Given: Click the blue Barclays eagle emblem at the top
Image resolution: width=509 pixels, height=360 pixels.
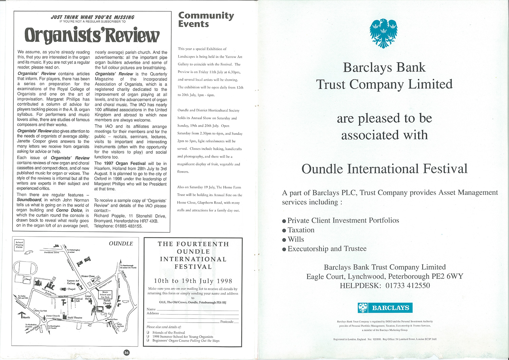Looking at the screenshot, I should pyautogui.click(x=383, y=33).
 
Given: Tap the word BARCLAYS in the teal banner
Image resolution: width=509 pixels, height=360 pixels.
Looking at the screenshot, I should pyautogui.click(x=391, y=308).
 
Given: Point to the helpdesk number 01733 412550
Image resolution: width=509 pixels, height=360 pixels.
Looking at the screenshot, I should pyautogui.click(x=408, y=286).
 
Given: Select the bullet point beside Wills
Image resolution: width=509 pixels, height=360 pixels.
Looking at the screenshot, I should pyautogui.click(x=284, y=240).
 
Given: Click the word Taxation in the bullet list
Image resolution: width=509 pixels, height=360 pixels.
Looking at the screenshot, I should pyautogui.click(x=301, y=230).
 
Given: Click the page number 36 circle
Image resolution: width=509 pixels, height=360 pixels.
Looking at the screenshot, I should pyautogui.click(x=126, y=353).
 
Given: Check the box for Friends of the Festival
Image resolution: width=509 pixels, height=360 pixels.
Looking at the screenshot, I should pyautogui.click(x=148, y=332).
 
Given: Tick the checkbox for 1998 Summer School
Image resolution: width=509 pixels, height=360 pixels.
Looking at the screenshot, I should pyautogui.click(x=148, y=337).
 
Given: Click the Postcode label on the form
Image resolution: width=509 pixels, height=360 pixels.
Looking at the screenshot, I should pyautogui.click(x=227, y=322).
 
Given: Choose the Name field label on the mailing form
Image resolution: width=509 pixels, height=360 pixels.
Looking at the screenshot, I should pyautogui.click(x=151, y=309).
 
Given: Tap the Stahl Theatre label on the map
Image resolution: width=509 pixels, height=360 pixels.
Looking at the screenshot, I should pyautogui.click(x=75, y=318).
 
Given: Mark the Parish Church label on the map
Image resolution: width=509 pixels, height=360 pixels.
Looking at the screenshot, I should pyautogui.click(x=107, y=302).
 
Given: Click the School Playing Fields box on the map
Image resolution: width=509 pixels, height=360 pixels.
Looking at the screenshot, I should pyautogui.click(x=19, y=245).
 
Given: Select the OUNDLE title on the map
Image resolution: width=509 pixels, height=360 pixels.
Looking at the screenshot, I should pyautogui.click(x=121, y=244).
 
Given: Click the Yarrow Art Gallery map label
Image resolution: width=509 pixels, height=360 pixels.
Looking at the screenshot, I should pyautogui.click(x=73, y=282).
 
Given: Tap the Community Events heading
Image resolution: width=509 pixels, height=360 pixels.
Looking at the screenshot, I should pyautogui.click(x=206, y=20).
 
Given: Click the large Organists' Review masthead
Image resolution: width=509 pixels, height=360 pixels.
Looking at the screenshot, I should pyautogui.click(x=92, y=35).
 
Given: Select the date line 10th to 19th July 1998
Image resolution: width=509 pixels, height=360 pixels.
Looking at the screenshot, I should pyautogui.click(x=193, y=281).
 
